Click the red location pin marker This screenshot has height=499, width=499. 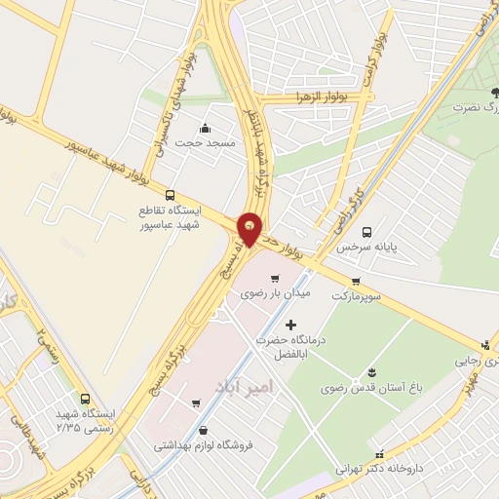(x=251, y=229)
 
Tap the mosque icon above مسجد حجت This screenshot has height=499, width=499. (x=205, y=128)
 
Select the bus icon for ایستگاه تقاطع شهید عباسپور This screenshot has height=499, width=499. (x=172, y=195)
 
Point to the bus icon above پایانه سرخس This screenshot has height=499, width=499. (x=367, y=232)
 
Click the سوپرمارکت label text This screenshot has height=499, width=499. (x=371, y=294)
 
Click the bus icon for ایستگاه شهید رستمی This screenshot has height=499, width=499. (x=86, y=399)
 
